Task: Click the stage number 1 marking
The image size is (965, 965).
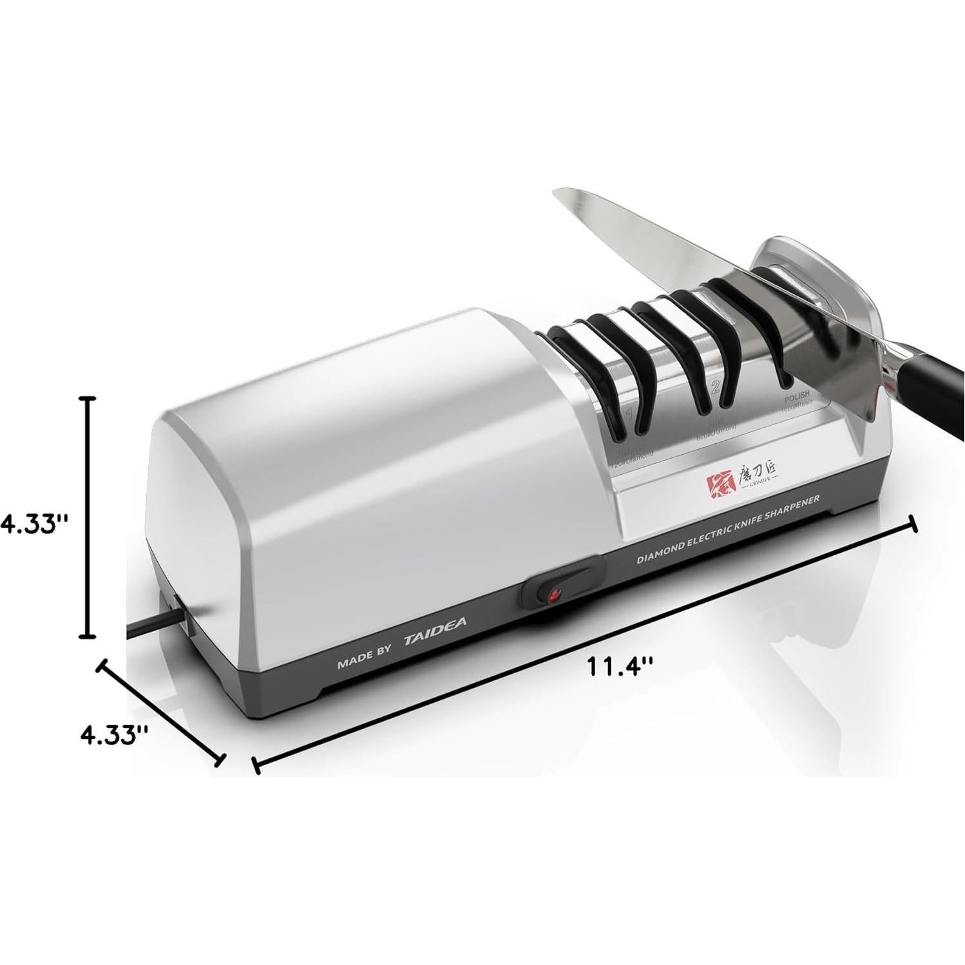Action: coord(629,412)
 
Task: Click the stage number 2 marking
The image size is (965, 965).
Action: coord(715,387)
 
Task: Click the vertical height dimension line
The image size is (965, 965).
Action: coord(87,515)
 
